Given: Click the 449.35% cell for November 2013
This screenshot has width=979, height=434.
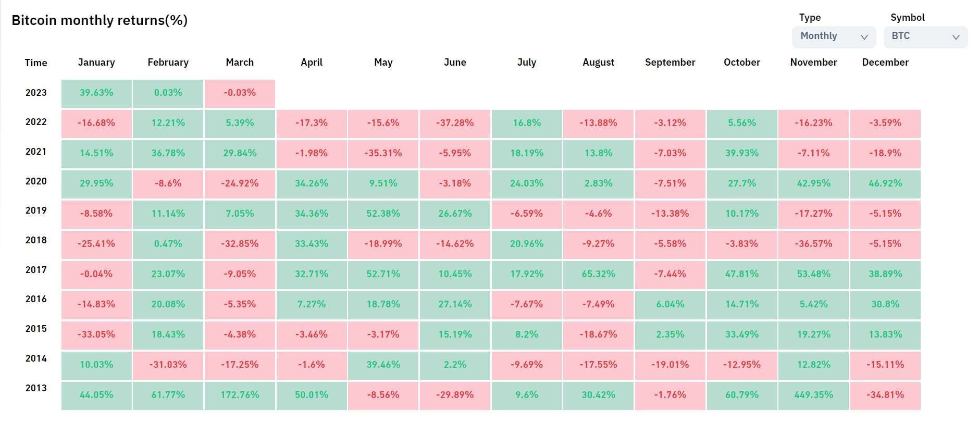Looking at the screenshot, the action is [x=813, y=395].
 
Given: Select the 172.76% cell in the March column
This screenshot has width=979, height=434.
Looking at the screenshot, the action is [x=240, y=395].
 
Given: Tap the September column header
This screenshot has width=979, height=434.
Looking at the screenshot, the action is [x=670, y=63].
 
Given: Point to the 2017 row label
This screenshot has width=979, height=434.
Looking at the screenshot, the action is [x=36, y=270].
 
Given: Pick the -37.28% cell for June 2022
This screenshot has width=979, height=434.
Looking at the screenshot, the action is [x=455, y=123].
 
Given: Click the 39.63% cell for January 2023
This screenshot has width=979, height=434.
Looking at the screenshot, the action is [x=96, y=93].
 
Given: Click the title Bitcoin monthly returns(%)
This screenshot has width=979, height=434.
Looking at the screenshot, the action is [x=100, y=20].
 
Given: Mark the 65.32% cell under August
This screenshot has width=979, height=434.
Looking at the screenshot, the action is [x=598, y=274].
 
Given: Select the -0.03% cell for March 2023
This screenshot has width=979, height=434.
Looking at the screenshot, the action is [x=240, y=93].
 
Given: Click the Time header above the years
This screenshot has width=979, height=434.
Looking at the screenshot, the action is [x=36, y=63].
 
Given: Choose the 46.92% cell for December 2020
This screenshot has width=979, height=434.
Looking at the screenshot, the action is [x=885, y=183].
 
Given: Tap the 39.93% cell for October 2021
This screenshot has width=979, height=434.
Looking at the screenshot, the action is [x=742, y=153].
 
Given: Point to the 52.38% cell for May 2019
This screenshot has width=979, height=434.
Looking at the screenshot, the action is [x=383, y=214].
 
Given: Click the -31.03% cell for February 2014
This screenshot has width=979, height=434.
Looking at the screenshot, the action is [x=168, y=365].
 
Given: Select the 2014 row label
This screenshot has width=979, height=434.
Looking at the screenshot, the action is [x=36, y=358].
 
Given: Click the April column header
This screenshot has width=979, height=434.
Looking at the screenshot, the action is [x=312, y=63].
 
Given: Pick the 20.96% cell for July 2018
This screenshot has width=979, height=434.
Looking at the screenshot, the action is [x=527, y=244].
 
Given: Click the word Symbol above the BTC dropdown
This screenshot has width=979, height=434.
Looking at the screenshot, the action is [x=908, y=18].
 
